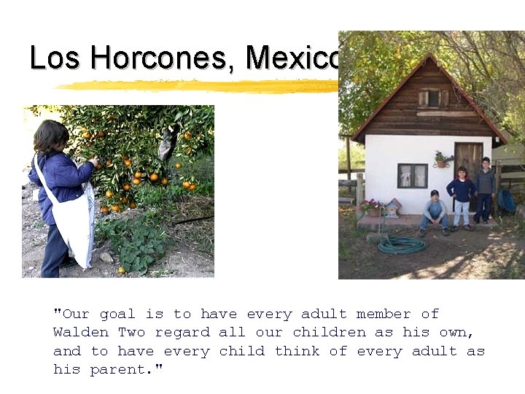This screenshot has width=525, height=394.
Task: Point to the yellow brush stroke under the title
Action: (197, 85)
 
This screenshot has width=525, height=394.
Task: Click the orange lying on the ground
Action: (121, 270)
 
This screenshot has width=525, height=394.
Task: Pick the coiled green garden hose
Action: (402, 244)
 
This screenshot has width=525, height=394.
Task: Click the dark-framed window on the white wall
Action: (412, 176)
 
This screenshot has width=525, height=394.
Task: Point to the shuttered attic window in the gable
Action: (433, 98)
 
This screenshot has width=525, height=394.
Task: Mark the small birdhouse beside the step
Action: (392, 207)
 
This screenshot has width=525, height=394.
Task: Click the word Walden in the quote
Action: (81, 332)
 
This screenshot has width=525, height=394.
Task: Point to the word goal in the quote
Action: (117, 314)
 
